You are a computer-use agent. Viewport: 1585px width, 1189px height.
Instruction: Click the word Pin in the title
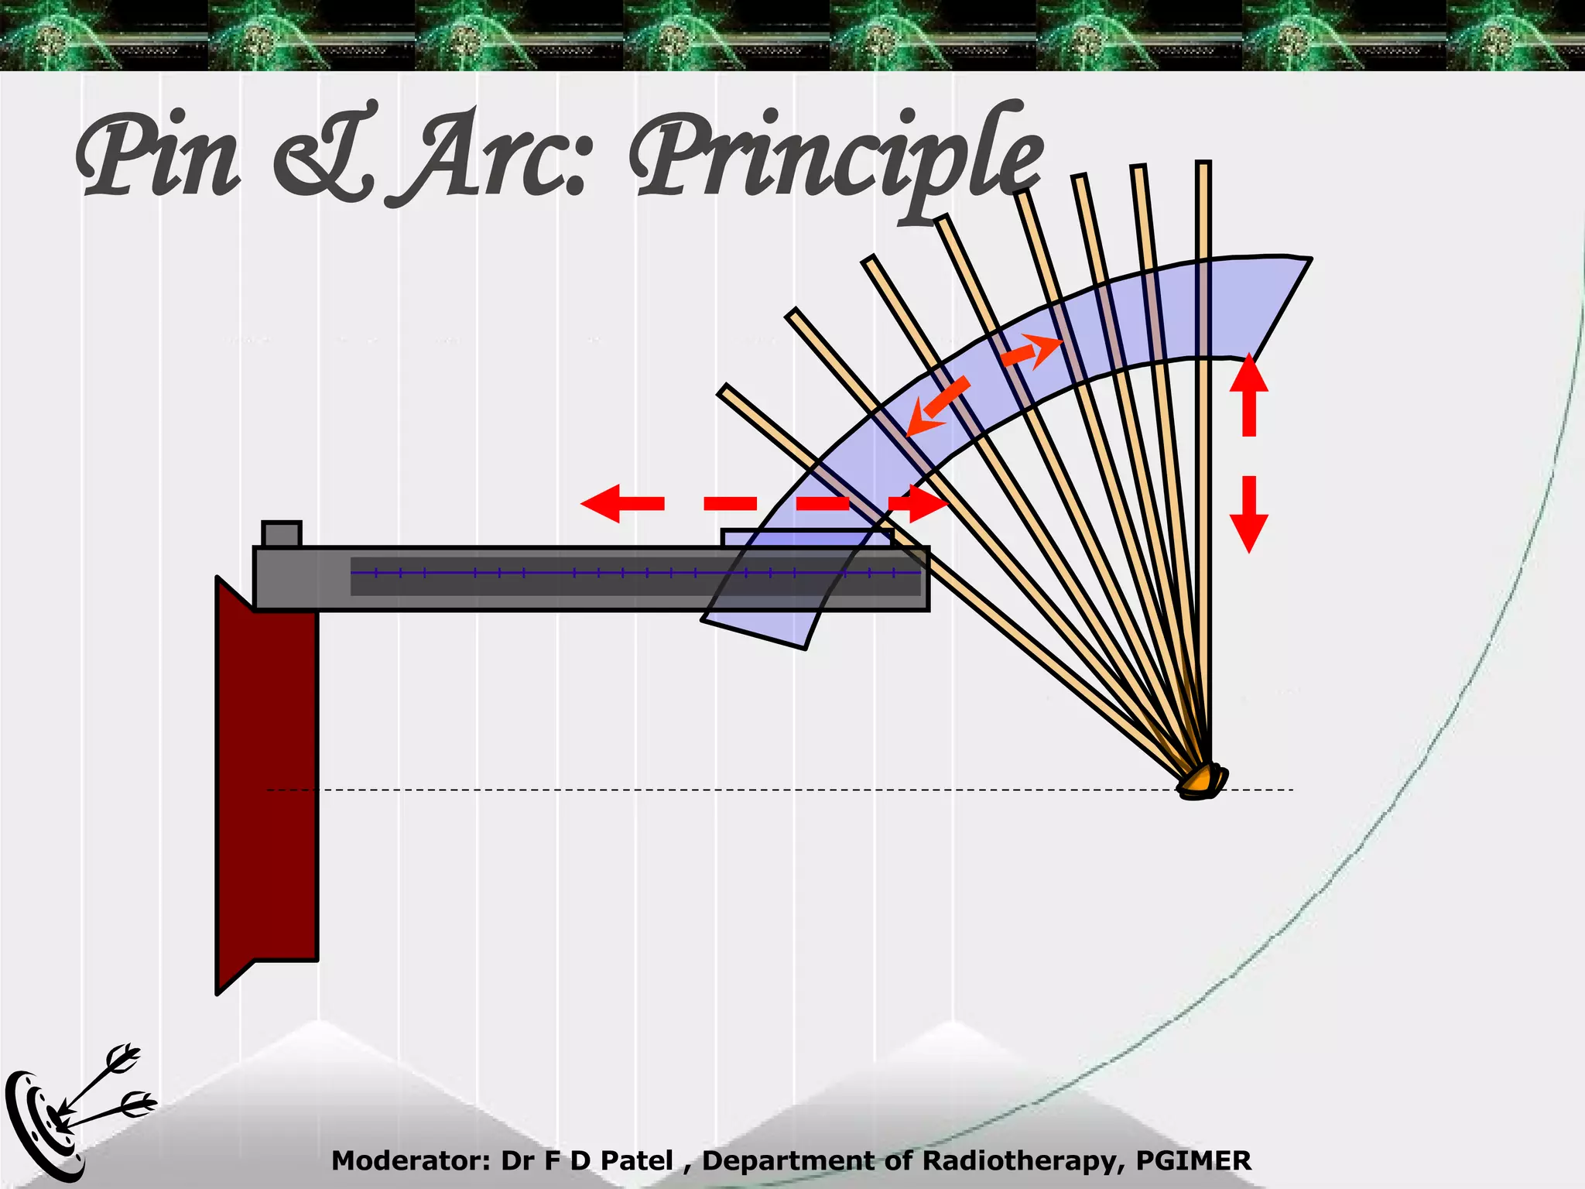[x=159, y=159]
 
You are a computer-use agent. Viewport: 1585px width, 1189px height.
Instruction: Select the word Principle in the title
[x=836, y=159]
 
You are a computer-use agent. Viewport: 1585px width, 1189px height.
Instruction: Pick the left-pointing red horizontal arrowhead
[x=602, y=503]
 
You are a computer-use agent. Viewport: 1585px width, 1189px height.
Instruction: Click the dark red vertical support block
[x=267, y=782]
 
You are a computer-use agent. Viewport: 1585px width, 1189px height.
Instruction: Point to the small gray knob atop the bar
[x=282, y=534]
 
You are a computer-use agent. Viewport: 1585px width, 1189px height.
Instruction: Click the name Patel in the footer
[x=637, y=1161]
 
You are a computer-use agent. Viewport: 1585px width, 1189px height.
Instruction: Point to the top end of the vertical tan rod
[x=1203, y=165]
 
